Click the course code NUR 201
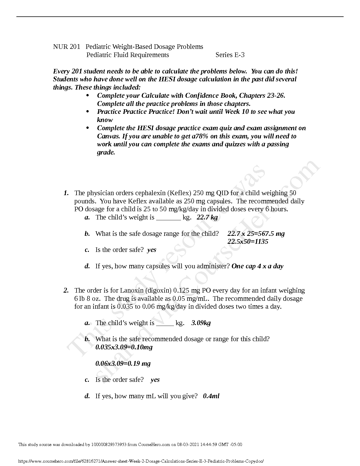(67, 47)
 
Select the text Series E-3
(230, 55)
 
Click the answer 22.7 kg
(207, 217)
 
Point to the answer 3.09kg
(201, 323)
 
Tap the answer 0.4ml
(211, 396)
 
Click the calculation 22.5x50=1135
(248, 241)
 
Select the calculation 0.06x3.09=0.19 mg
(123, 363)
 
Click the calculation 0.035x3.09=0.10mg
(124, 347)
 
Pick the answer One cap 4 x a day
(257, 266)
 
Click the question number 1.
(66, 193)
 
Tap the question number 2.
(66, 291)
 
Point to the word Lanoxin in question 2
(130, 291)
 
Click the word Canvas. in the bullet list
(109, 136)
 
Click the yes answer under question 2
(155, 380)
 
